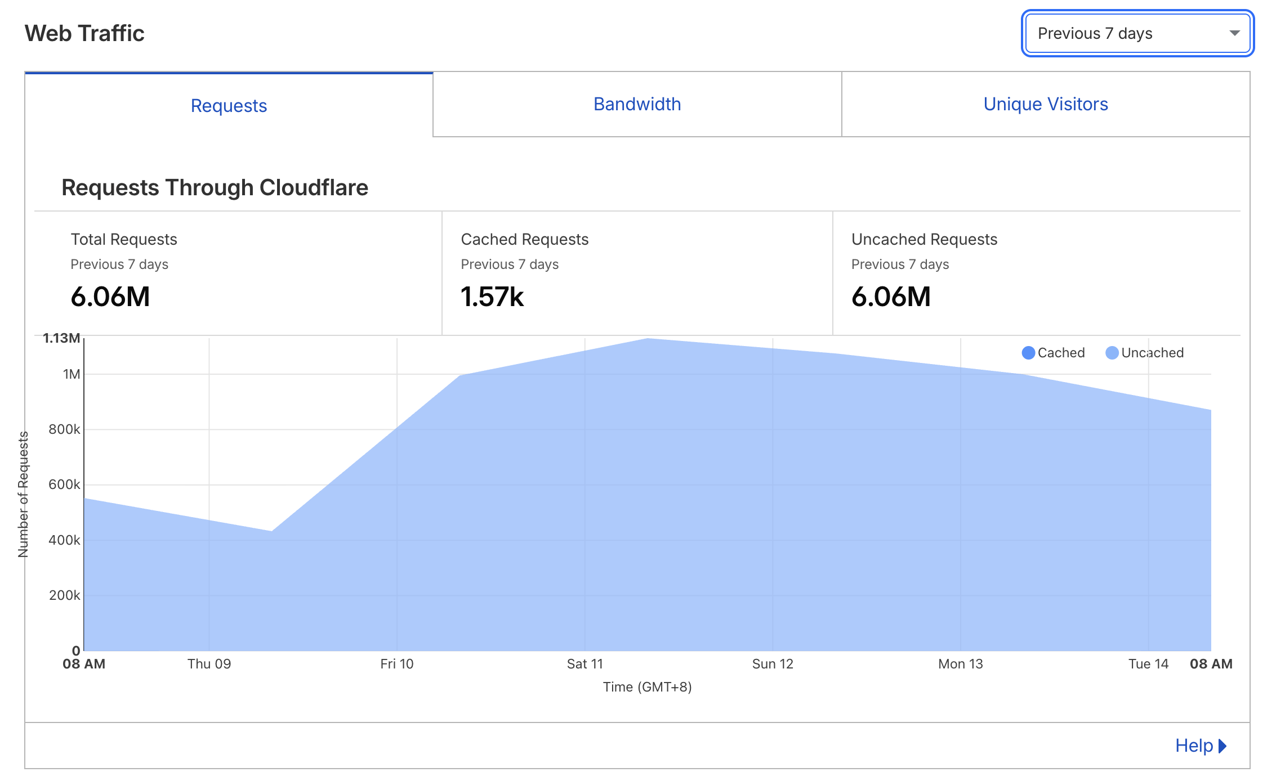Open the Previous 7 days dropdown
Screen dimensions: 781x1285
pos(1137,33)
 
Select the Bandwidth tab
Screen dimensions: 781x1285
pos(637,104)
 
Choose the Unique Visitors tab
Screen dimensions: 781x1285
pos(1045,104)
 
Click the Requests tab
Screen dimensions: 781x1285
pos(229,106)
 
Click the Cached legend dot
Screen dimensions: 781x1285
pos(1028,353)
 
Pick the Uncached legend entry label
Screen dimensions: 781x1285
pos(1152,353)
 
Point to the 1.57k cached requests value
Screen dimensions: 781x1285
pos(492,297)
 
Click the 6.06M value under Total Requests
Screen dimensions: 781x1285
pos(110,297)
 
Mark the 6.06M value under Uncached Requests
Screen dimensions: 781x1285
pos(891,297)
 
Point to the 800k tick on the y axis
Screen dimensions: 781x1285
pos(64,429)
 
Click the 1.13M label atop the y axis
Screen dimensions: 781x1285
pos(61,338)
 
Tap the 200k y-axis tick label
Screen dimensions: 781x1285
pos(64,595)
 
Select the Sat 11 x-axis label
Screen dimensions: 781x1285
pos(585,664)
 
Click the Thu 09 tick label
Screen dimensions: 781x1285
pos(209,664)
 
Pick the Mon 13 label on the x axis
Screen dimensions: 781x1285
pos(960,664)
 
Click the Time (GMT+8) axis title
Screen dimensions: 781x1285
pos(647,687)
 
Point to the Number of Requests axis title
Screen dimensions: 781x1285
pos(23,494)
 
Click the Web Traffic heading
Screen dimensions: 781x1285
pos(84,33)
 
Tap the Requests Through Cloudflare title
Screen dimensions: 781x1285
pos(215,187)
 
